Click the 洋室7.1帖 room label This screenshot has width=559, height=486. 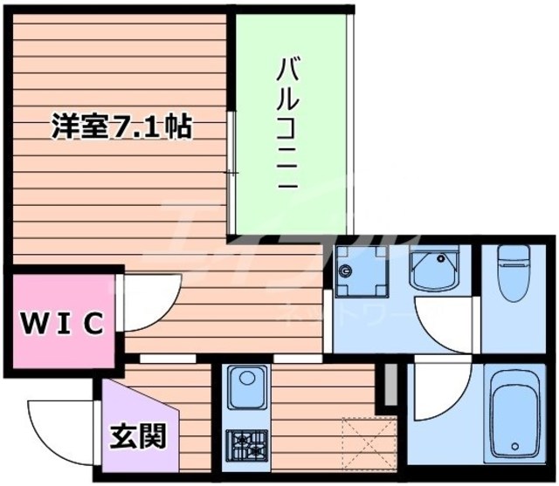(x=121, y=128)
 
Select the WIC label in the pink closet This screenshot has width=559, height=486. (x=62, y=322)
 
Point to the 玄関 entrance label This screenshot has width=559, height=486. (x=138, y=435)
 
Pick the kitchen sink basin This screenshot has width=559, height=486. (x=246, y=387)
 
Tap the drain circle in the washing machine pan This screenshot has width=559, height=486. (x=348, y=271)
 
